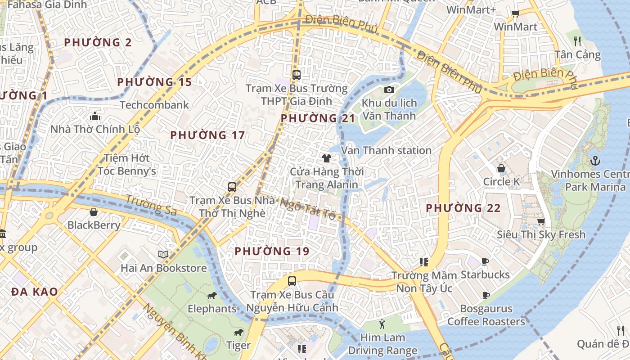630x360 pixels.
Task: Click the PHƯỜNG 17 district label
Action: (207, 135)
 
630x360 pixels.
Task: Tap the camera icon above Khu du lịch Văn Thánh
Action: (389, 90)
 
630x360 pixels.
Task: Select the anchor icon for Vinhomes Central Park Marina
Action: (595, 161)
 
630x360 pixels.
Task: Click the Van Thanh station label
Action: (386, 150)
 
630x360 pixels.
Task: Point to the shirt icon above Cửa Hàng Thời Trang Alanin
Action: (327, 158)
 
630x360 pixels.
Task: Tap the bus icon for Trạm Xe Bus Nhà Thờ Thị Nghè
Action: (232, 187)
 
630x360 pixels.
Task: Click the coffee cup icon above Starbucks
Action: (485, 261)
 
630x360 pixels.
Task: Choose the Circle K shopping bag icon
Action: (501, 168)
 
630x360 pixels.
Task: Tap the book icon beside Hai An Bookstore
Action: (163, 255)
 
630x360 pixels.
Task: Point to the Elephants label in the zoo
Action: (212, 309)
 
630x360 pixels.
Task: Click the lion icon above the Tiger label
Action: (238, 333)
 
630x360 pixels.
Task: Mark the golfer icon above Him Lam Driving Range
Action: (382, 324)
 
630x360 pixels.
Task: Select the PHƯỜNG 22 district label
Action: (463, 208)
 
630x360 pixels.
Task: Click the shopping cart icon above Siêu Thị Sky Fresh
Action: (541, 221)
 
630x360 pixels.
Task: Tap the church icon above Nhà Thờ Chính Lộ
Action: (95, 117)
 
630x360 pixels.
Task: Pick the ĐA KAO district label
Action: (35, 292)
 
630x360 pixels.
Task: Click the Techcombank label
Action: (154, 105)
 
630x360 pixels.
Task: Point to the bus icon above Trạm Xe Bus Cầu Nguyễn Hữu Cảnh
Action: (292, 281)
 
